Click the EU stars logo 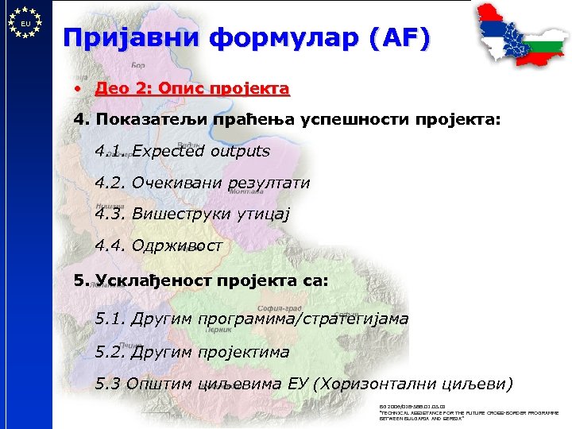pyautogui.click(x=25, y=23)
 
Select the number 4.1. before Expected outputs pyautogui.click(x=110, y=151)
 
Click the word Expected pyautogui.click(x=168, y=151)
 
